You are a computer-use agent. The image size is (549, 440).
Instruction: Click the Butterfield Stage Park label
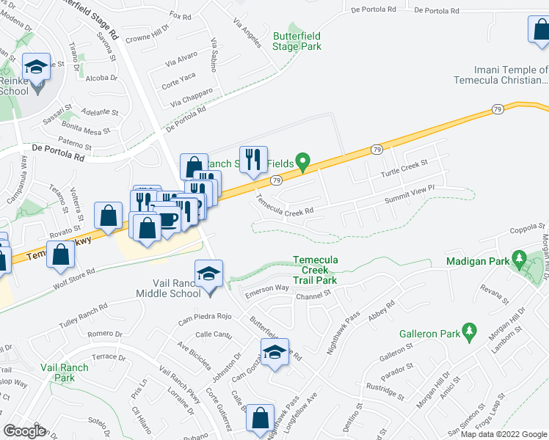[297, 41]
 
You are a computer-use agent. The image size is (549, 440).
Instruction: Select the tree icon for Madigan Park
[520, 259]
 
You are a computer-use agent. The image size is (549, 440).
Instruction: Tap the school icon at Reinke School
[35, 67]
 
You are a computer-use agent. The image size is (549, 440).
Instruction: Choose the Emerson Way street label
[266, 289]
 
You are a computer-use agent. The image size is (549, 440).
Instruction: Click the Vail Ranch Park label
[65, 373]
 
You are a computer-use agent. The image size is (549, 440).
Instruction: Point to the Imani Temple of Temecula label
[501, 76]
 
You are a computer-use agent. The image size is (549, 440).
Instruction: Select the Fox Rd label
[180, 15]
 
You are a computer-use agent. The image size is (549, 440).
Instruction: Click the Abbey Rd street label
[382, 309]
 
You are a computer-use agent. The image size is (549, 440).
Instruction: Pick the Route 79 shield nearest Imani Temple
[498, 109]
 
